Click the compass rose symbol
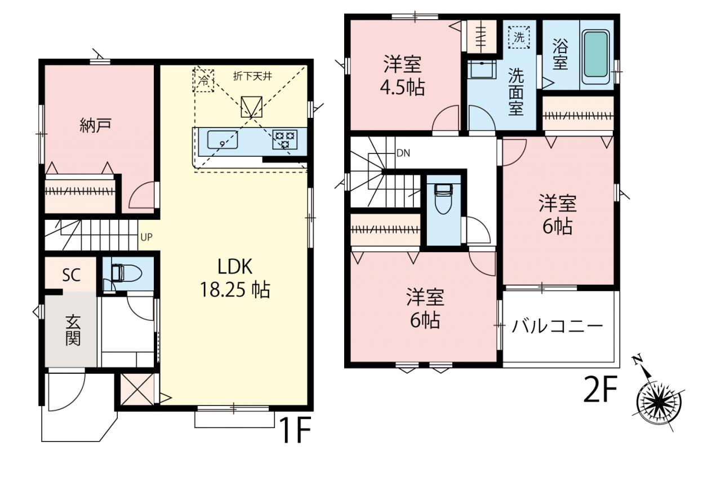tap(660, 401)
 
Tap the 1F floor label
tap(296, 430)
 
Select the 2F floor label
tap(600, 389)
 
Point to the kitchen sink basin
tap(222, 140)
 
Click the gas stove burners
tap(284, 139)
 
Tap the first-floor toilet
tap(126, 273)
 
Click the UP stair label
tap(146, 237)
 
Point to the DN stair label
tap(403, 153)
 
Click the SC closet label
tap(71, 275)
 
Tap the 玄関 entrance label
tap(73, 330)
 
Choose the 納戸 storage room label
tap(96, 125)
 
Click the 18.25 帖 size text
tap(235, 290)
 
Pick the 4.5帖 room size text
tap(402, 87)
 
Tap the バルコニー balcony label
tap(557, 326)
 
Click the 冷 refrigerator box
tap(203, 80)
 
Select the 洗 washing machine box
tap(519, 37)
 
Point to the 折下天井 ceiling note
tap(253, 76)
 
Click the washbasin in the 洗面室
tap(482, 69)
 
